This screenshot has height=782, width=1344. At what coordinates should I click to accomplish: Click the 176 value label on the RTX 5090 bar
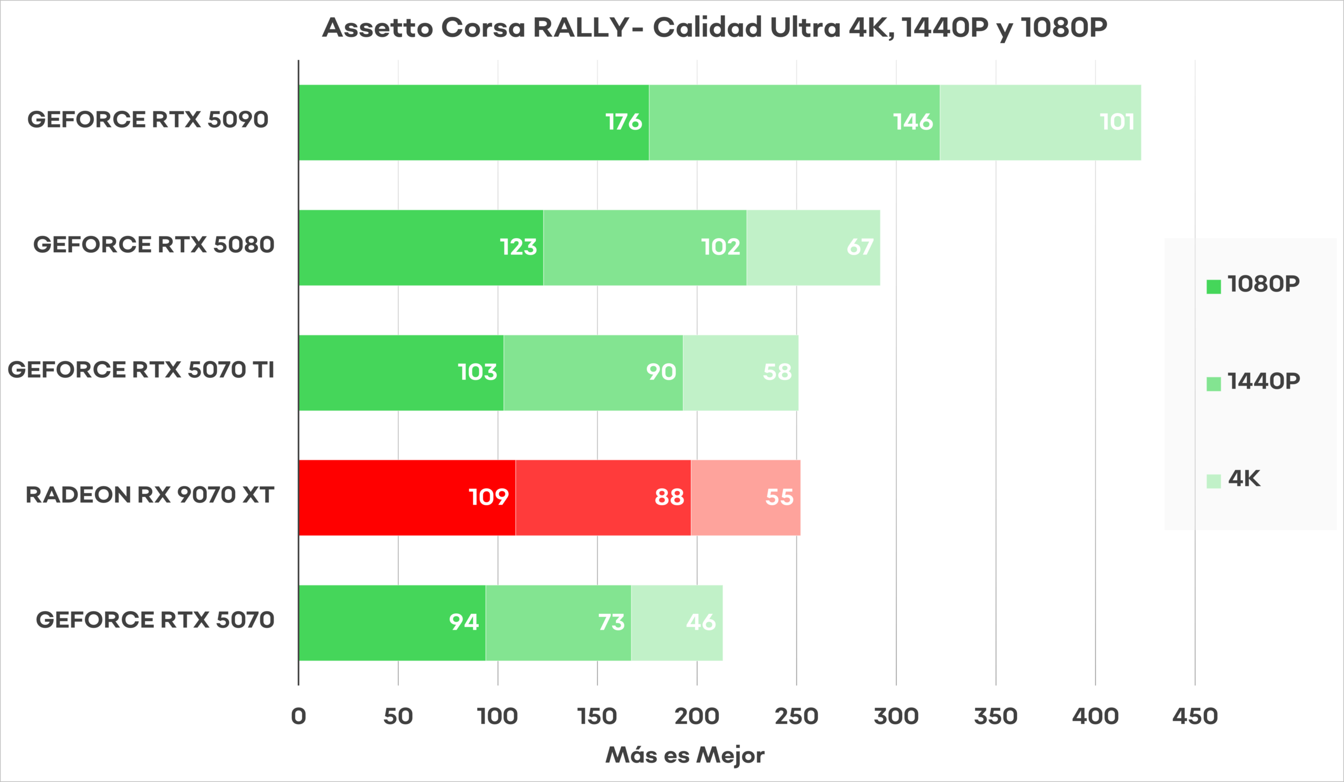624,122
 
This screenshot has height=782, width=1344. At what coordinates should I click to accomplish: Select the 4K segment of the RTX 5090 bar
1040,122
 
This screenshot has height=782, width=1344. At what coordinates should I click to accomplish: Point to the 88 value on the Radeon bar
669,498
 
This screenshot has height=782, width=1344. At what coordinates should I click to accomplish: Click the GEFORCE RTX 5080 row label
154,245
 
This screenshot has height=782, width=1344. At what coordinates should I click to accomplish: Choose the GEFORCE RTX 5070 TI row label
141,370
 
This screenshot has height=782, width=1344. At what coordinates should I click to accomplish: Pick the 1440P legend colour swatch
1213,384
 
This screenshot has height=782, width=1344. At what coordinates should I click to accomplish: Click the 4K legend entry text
1244,478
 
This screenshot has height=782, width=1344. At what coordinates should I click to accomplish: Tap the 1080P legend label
1264,284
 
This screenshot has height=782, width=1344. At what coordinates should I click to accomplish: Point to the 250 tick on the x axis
796,716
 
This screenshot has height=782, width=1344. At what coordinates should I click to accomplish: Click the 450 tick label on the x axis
1195,716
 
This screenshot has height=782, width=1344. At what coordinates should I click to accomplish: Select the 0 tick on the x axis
299,716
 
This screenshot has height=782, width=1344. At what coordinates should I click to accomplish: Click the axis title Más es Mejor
685,755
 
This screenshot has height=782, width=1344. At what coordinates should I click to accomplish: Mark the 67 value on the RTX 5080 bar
860,247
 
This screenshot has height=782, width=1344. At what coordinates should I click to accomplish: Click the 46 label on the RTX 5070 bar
701,622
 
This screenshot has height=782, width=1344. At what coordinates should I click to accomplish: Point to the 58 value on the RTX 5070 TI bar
777,372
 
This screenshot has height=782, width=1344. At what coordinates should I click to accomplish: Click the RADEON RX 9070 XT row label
150,495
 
